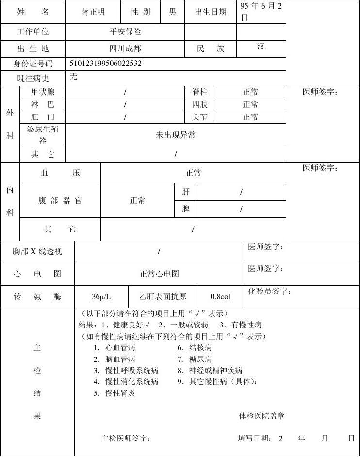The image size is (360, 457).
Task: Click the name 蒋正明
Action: [x=93, y=12]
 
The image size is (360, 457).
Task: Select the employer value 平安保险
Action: [x=125, y=32]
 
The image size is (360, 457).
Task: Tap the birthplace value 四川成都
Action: [x=125, y=49]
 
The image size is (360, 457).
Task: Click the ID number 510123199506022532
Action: [x=106, y=64]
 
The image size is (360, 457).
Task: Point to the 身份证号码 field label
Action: [x=33, y=64]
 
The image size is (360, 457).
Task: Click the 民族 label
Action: [x=211, y=49]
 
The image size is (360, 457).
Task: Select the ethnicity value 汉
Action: [x=261, y=47]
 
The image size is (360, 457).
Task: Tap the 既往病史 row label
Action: [x=33, y=78]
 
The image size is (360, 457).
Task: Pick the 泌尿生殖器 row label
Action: [x=43, y=135]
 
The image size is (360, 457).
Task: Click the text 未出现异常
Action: [x=176, y=135]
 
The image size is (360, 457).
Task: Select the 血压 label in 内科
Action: [x=60, y=173]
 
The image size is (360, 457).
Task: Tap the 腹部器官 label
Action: [x=60, y=200]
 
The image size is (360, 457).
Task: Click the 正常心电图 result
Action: [x=159, y=274]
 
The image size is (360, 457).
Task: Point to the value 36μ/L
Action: [x=101, y=296]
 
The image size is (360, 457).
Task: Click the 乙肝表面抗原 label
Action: [x=163, y=296]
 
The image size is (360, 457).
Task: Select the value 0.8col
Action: [x=220, y=296]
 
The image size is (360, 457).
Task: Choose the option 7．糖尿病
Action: [x=194, y=359]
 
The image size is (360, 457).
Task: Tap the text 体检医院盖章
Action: [x=262, y=416]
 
